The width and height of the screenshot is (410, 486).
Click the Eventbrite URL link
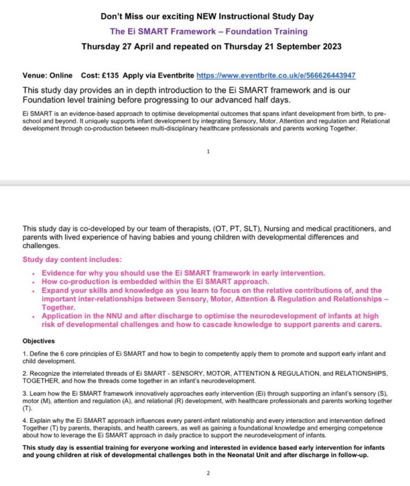click(276, 76)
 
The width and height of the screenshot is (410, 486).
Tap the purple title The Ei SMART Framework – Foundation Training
click(209, 31)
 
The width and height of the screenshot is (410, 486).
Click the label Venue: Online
click(47, 76)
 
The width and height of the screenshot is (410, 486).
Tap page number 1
click(208, 151)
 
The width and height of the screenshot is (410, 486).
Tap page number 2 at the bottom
click(208, 473)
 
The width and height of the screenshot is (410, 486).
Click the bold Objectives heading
click(38, 341)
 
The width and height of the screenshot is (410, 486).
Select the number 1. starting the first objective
click(24, 354)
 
